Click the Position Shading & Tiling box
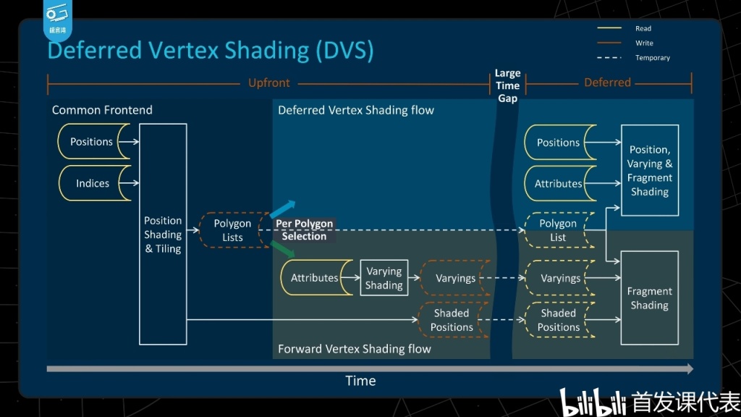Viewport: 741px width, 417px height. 163,234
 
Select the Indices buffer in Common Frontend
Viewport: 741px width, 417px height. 93,183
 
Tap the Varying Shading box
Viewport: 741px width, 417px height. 384,278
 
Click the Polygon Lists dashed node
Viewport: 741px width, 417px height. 232,230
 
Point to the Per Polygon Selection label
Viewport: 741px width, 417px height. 304,229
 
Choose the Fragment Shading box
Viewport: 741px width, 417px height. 649,298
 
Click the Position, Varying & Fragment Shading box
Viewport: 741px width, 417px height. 649,170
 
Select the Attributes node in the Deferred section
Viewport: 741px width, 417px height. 558,184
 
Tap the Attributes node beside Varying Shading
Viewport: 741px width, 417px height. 314,278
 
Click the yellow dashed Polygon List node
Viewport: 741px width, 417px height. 558,230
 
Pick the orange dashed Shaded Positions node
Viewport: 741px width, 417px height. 452,320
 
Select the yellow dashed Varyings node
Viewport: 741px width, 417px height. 560,278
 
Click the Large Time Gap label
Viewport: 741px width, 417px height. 507,85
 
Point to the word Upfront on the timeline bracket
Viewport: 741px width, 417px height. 268,83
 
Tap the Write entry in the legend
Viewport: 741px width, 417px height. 643,43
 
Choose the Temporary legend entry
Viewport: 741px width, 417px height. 652,58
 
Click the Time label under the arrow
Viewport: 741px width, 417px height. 360,381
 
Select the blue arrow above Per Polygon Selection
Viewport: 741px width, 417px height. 284,208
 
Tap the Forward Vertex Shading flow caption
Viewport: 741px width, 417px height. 354,349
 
